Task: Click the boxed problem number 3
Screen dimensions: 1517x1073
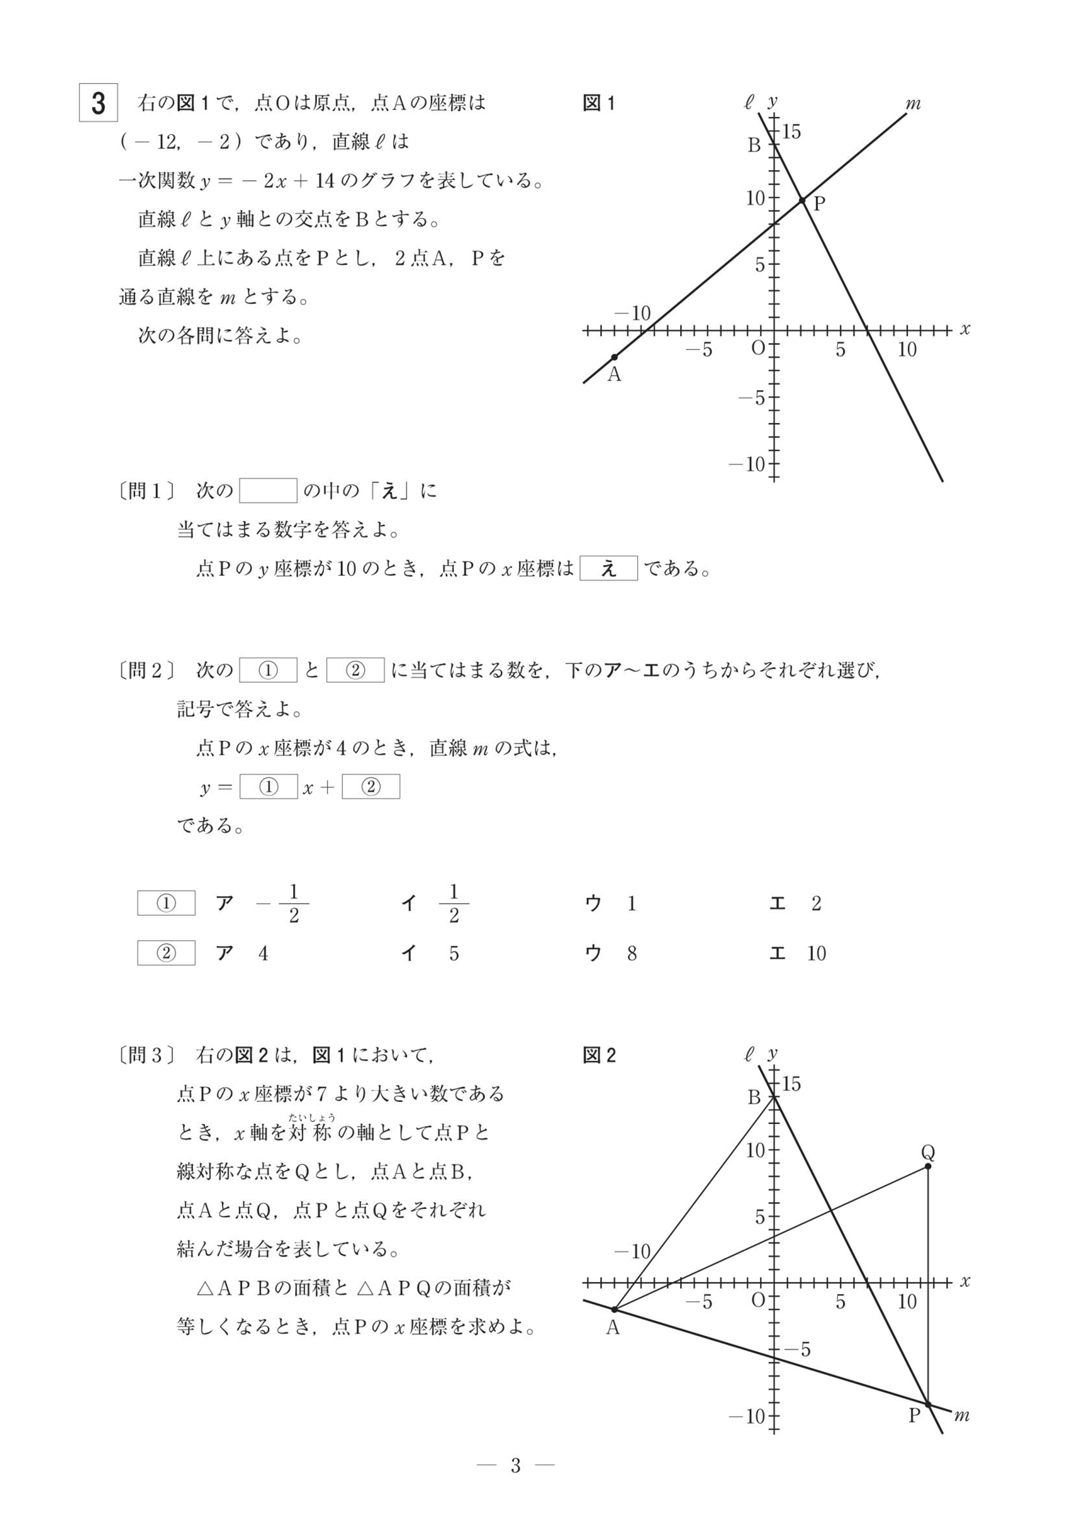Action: point(99,103)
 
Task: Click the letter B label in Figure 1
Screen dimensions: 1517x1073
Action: point(754,145)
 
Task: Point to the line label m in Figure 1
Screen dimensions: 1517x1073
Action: point(913,104)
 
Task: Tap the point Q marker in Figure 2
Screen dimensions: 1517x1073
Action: point(928,1166)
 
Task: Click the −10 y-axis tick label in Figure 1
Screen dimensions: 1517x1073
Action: point(746,464)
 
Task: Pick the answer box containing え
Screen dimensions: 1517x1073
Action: point(609,568)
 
